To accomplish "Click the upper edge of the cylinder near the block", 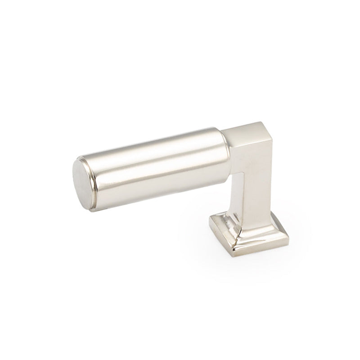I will pyautogui.click(x=211, y=130).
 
